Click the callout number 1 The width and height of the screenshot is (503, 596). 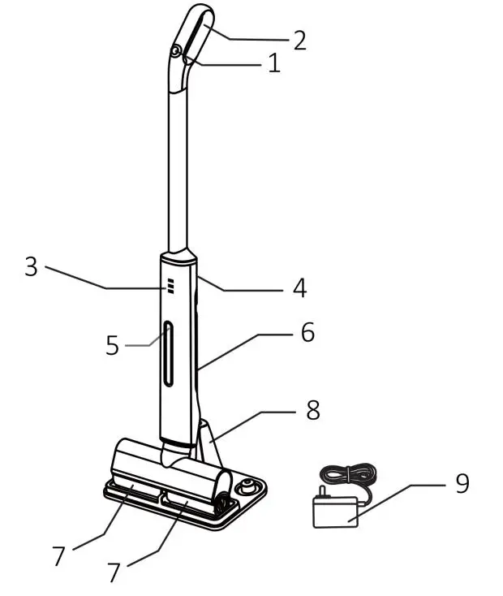pos(273,64)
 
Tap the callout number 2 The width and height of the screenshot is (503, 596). pos(299,41)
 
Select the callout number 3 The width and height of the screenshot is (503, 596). pos(31,267)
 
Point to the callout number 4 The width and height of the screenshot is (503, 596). pos(299,287)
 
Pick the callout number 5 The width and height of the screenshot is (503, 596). pos(113,345)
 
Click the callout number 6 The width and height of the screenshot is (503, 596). pos(307,332)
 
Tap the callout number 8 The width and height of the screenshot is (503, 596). pos(312,411)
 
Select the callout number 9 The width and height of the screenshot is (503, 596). pos(461,483)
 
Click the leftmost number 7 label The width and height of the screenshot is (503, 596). pos(58,556)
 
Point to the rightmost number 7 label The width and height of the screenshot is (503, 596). pos(114,572)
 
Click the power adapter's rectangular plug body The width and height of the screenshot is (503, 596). pos(335,512)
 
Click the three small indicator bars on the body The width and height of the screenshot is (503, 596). pos(171,286)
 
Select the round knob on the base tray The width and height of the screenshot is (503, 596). pos(247,487)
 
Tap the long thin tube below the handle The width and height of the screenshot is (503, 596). pos(178,162)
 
